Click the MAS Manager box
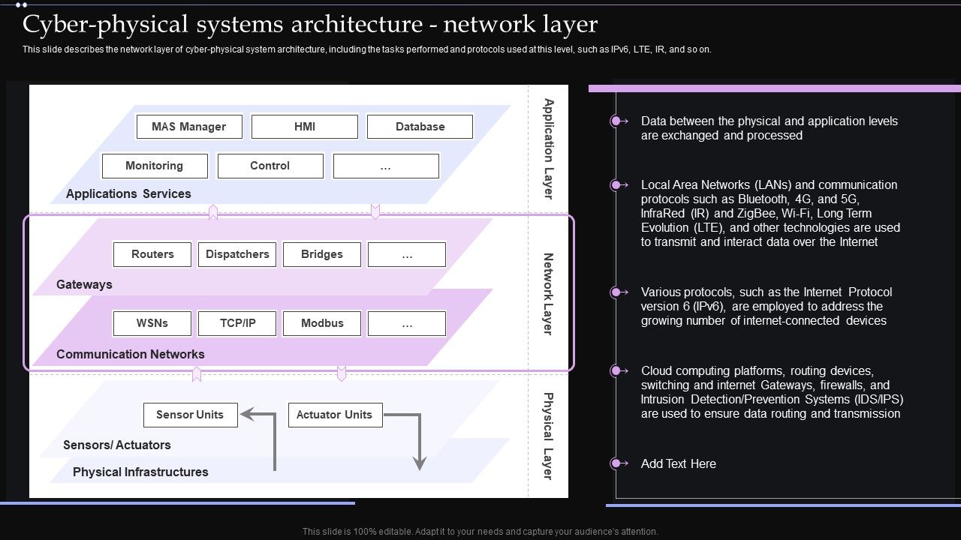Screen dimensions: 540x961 pyautogui.click(x=189, y=127)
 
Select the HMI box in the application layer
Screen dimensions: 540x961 pyautogui.click(x=305, y=127)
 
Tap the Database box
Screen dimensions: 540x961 pyautogui.click(x=420, y=127)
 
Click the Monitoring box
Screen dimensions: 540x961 pyautogui.click(x=154, y=166)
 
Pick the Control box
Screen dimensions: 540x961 pyautogui.click(x=270, y=166)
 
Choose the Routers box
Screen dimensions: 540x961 pyautogui.click(x=152, y=254)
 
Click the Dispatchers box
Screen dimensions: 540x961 pyautogui.click(x=237, y=254)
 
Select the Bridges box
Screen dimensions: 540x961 pyautogui.click(x=321, y=254)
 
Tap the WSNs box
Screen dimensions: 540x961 pyautogui.click(x=152, y=323)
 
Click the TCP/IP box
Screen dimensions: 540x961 pyautogui.click(x=237, y=323)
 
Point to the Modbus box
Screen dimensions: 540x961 pyautogui.click(x=322, y=323)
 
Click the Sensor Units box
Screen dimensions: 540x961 pyautogui.click(x=190, y=415)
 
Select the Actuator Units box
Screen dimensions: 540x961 pyautogui.click(x=335, y=415)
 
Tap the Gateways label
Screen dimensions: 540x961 pyautogui.click(x=84, y=285)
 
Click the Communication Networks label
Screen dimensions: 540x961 pyautogui.click(x=130, y=354)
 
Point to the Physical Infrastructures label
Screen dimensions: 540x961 pyautogui.click(x=140, y=472)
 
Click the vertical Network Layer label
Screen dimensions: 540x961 pyautogui.click(x=548, y=294)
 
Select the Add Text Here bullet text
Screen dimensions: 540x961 pyautogui.click(x=678, y=463)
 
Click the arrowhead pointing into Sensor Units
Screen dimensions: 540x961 pyautogui.click(x=246, y=415)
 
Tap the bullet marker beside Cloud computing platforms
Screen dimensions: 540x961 pyautogui.click(x=616, y=370)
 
